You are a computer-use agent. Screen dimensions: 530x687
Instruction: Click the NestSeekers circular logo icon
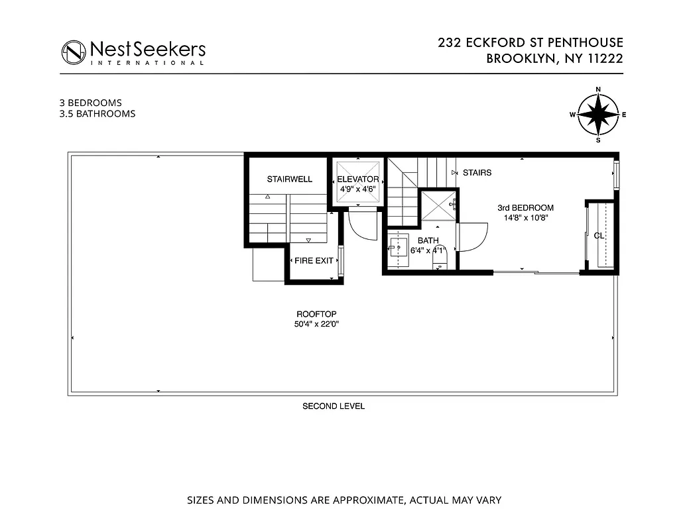pos(74,52)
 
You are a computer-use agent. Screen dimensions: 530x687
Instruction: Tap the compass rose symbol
pos(597,115)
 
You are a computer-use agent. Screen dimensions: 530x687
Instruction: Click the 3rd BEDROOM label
pos(525,208)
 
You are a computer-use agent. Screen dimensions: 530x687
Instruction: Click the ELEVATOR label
pos(358,180)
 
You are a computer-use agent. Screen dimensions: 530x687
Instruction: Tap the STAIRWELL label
pos(289,180)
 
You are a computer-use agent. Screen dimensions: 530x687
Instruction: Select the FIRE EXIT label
pos(314,260)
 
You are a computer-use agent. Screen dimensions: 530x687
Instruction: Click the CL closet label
pos(599,235)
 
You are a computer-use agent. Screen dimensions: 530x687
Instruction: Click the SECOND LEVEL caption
pos(334,406)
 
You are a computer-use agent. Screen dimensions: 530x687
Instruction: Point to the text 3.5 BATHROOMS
pos(97,114)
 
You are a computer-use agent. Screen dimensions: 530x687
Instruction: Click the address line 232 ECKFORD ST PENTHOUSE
pos(531,43)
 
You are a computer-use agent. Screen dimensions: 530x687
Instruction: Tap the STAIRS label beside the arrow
pos(477,173)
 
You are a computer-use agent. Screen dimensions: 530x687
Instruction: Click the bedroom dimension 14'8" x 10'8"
pos(525,217)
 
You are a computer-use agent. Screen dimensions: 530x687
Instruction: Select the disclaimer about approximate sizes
pos(343,500)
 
